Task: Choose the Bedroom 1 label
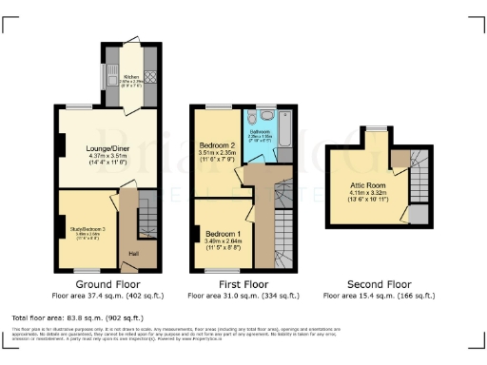point(224,234)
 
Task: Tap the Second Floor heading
point(379,284)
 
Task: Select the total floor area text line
point(77,317)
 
